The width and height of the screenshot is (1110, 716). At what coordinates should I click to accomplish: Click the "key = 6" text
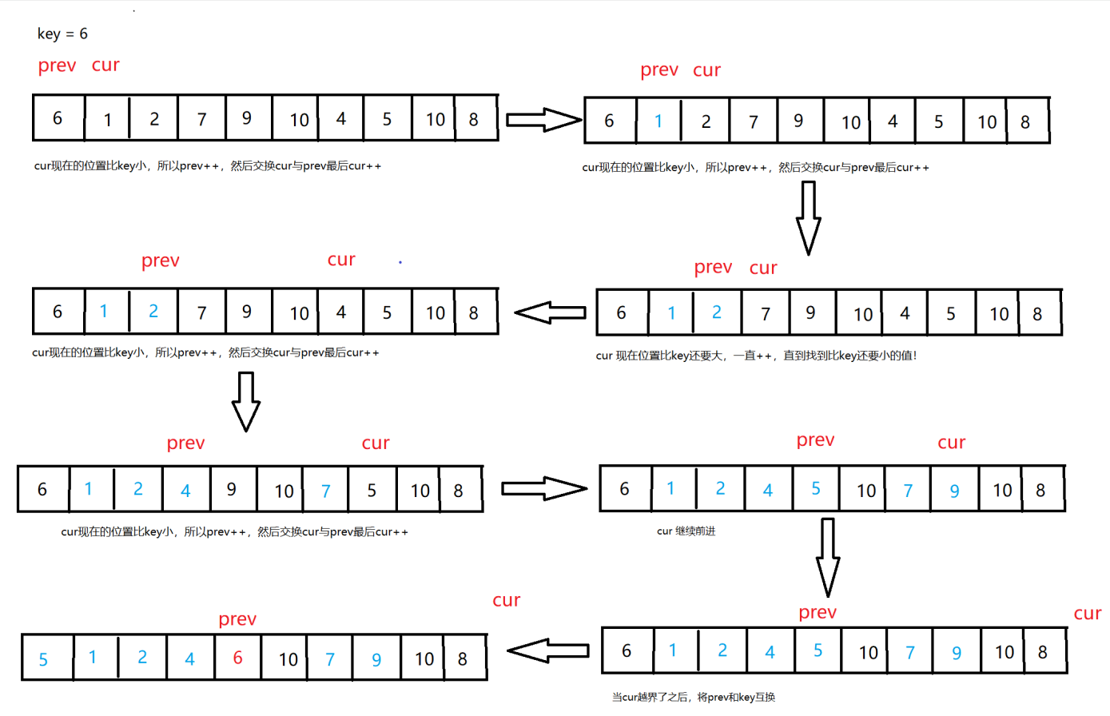point(62,34)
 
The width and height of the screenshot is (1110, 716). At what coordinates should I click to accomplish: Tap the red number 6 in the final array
point(237,658)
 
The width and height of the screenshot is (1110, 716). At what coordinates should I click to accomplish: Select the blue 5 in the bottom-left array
point(43,660)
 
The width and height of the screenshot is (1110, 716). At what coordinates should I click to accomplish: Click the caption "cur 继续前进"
point(686,531)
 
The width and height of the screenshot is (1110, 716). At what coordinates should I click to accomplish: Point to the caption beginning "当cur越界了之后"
point(693,698)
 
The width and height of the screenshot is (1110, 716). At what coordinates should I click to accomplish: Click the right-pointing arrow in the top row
point(543,120)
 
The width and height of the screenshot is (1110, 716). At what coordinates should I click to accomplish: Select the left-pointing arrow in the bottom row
point(548,650)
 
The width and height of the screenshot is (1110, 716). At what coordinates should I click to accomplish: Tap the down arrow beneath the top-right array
point(808,217)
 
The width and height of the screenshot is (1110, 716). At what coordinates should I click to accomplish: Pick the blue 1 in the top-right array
point(658,121)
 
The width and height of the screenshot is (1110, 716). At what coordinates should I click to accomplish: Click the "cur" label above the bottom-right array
point(1087,614)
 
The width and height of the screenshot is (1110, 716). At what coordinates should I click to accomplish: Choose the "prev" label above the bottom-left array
point(237,619)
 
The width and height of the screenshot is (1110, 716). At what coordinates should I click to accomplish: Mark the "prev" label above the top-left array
point(57,66)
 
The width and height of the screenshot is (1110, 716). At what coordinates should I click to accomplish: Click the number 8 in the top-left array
point(473,120)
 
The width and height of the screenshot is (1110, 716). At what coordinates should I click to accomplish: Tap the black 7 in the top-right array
point(753,122)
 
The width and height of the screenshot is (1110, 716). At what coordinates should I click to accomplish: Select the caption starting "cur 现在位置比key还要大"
point(756,356)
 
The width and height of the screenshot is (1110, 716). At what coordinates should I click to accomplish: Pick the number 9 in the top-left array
point(246,118)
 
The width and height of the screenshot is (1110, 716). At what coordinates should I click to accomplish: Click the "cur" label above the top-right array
point(706,70)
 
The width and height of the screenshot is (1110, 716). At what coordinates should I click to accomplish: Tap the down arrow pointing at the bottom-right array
point(828,556)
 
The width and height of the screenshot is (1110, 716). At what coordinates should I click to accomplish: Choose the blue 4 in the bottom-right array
point(770,653)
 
